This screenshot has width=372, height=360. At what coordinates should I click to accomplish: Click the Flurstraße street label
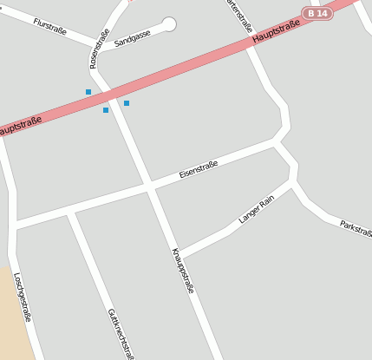coord(52,25)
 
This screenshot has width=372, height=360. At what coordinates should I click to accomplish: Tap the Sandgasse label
coord(133,36)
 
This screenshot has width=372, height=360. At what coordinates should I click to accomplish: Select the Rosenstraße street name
coord(99,49)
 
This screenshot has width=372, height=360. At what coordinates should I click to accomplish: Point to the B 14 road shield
coord(317,13)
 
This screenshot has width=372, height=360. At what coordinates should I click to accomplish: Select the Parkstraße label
coord(356,227)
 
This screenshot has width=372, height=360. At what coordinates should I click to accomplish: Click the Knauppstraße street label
coord(182,271)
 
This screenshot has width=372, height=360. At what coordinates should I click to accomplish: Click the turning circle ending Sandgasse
coord(169,24)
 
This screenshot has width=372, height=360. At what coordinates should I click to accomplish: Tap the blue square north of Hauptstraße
coord(88,92)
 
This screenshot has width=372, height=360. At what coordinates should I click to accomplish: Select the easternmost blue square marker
coord(127,103)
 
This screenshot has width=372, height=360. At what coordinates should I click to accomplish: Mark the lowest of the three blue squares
coord(106,110)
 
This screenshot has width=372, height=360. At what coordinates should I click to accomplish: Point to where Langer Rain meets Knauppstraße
coord(179,255)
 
